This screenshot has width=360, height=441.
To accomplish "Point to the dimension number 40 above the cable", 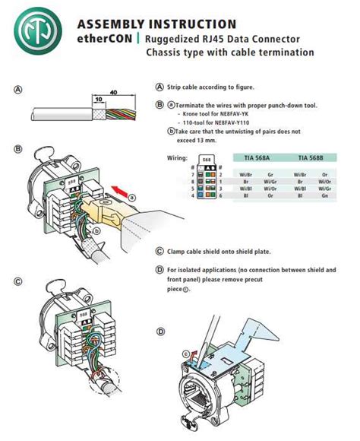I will point(113,93).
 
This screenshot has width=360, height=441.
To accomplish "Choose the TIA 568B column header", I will point(312,158).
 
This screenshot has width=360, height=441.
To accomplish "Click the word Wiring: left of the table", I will point(176,159).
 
